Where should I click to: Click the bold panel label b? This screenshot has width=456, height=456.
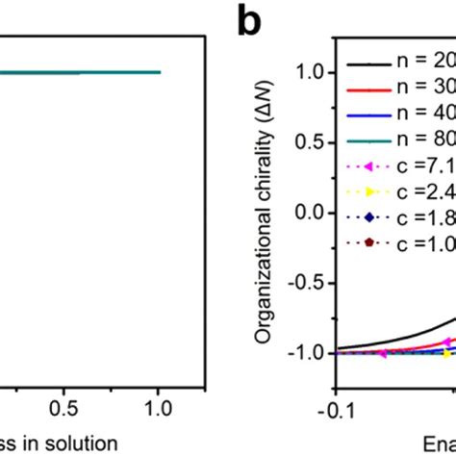[x=253, y=22]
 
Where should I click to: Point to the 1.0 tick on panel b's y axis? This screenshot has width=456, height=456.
[x=306, y=70]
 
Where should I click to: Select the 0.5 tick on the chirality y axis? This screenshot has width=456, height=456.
[x=306, y=140]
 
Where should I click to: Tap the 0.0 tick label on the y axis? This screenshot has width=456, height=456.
[x=306, y=212]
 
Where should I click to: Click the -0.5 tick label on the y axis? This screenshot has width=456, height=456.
[x=302, y=282]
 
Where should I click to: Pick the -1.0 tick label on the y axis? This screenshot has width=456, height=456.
[x=302, y=353]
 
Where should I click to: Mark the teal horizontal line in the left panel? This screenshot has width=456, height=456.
[x=77, y=72]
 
